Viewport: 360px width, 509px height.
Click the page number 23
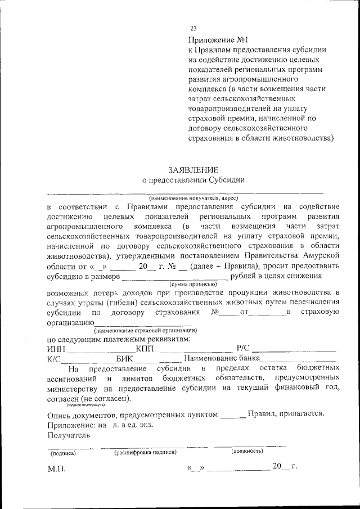(193, 28)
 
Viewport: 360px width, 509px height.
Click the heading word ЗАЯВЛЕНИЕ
(193, 169)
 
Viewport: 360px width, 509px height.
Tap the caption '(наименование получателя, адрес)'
(193, 199)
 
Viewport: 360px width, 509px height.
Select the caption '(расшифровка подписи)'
(145, 452)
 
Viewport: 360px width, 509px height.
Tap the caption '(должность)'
(247, 452)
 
